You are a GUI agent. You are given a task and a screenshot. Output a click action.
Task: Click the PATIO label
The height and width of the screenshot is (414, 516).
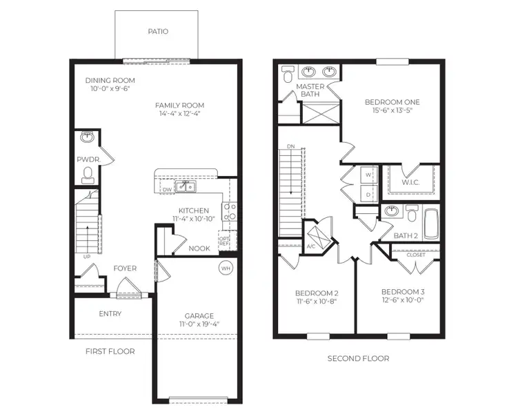[x=158, y=32]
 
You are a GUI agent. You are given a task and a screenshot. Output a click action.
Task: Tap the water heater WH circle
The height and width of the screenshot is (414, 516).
[x=226, y=268]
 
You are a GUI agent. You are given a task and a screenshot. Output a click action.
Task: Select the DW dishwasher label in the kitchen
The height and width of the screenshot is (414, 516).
[x=167, y=188]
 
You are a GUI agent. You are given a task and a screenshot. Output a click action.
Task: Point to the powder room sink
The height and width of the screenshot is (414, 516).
[x=88, y=138]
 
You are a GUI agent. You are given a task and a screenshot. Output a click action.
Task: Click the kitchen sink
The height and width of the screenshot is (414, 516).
[x=184, y=186]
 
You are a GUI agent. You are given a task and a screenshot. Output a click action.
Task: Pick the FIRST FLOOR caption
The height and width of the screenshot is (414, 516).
[x=110, y=351]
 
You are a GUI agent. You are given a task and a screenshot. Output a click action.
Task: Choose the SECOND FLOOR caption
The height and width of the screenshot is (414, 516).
[x=358, y=358]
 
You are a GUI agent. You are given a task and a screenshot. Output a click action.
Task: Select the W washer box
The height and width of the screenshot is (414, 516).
[x=368, y=175]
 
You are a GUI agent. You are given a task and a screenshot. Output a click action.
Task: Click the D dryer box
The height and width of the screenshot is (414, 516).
[x=368, y=194]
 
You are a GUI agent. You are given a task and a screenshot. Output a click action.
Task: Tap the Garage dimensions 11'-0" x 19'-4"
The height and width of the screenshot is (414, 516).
[x=199, y=324]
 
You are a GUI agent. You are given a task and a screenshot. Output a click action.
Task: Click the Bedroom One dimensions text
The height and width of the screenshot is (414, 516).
[x=392, y=111]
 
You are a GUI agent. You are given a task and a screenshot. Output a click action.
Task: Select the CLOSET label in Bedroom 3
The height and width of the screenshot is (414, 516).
[x=416, y=255]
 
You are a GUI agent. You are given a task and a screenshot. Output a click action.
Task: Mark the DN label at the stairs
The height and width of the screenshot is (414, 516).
[x=291, y=146]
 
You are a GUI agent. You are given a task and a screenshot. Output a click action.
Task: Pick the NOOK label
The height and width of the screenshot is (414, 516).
[x=199, y=248]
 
